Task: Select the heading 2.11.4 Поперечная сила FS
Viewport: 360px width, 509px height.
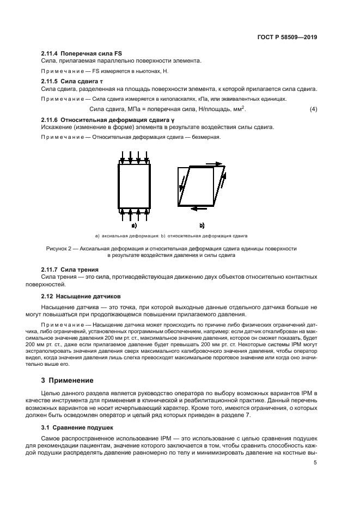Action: (x=82, y=53)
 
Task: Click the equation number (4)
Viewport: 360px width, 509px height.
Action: (x=313, y=109)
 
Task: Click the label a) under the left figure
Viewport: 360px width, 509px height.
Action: (x=133, y=224)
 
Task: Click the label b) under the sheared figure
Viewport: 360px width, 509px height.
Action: (x=202, y=224)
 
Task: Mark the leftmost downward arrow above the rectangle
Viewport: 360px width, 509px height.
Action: (x=123, y=157)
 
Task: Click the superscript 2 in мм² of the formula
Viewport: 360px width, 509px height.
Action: (x=245, y=107)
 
